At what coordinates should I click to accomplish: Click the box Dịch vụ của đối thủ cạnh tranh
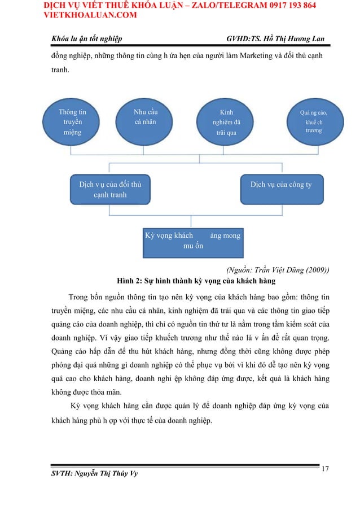(111, 190)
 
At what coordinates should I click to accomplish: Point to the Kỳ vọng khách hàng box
(193, 240)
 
